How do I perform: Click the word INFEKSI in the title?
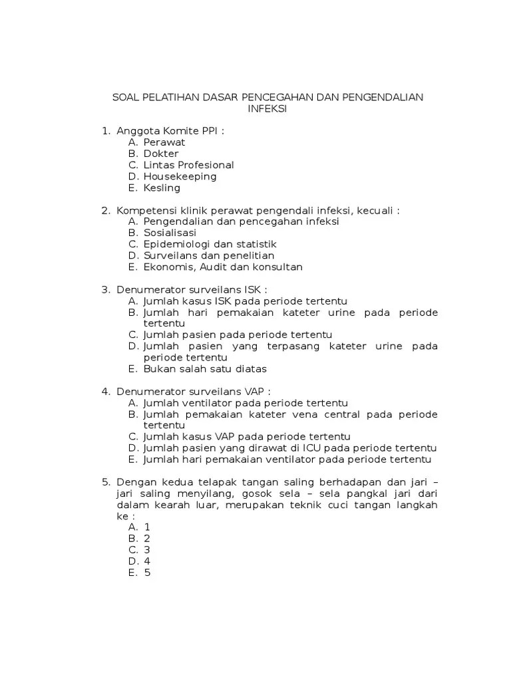[267, 110]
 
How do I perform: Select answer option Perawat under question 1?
[164, 142]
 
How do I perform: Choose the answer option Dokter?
[161, 154]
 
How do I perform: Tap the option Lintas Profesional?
[188, 165]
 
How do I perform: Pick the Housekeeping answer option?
[180, 176]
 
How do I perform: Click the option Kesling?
[162, 188]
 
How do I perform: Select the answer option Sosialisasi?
[170, 233]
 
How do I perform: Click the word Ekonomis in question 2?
[168, 267]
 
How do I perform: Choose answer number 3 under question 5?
[147, 549]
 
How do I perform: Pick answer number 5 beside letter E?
[147, 572]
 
